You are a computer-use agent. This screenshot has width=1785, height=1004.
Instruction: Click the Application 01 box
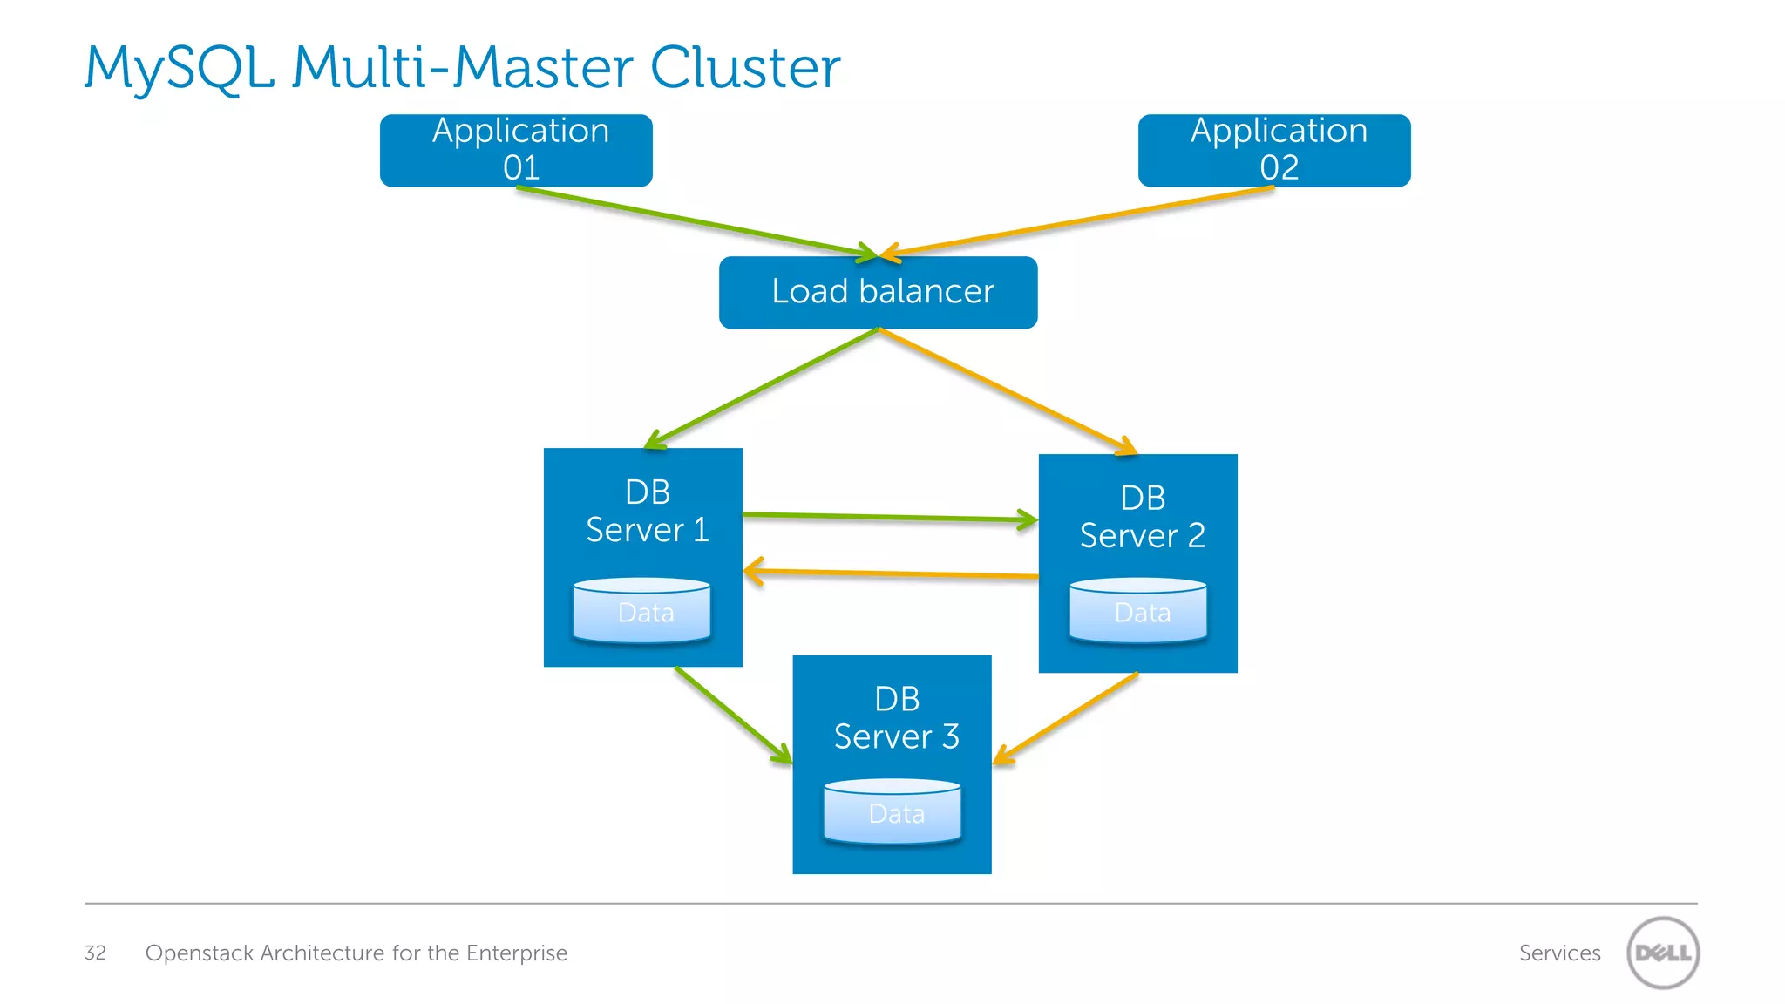[x=516, y=150]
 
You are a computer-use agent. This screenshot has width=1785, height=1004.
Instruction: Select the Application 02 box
[x=1274, y=150]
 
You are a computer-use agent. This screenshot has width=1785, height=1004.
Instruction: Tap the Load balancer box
[x=878, y=292]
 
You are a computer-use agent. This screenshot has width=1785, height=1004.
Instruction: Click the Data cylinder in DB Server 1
[x=642, y=611]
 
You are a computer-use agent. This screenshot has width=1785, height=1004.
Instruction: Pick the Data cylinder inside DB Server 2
[x=1138, y=611]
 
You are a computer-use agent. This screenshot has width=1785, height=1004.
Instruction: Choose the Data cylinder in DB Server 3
[x=892, y=812]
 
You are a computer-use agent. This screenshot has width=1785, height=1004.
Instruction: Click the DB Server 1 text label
[x=647, y=511]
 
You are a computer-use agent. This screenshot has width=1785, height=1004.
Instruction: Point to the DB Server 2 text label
[x=1142, y=517]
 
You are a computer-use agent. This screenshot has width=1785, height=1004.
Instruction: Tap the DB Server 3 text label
[x=896, y=718]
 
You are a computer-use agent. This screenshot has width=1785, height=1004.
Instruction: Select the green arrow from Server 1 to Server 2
[x=889, y=518]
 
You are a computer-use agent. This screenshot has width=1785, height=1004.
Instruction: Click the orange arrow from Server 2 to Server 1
[x=889, y=573]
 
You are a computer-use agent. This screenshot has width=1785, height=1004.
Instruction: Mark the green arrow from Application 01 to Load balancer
[x=697, y=222]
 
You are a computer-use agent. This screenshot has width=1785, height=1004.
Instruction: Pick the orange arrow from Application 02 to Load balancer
[x=1076, y=221]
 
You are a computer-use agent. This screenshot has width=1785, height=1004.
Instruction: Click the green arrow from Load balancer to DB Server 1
[x=763, y=389]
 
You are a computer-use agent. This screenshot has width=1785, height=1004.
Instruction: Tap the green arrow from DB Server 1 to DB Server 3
[x=732, y=715]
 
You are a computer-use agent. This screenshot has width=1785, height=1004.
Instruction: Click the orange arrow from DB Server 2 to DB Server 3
[x=1066, y=718]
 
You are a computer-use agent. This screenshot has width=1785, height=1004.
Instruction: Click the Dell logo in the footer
[x=1662, y=953]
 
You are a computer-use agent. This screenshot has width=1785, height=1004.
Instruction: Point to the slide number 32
[x=95, y=953]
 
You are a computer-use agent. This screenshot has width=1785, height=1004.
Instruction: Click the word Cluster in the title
[x=745, y=68]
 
